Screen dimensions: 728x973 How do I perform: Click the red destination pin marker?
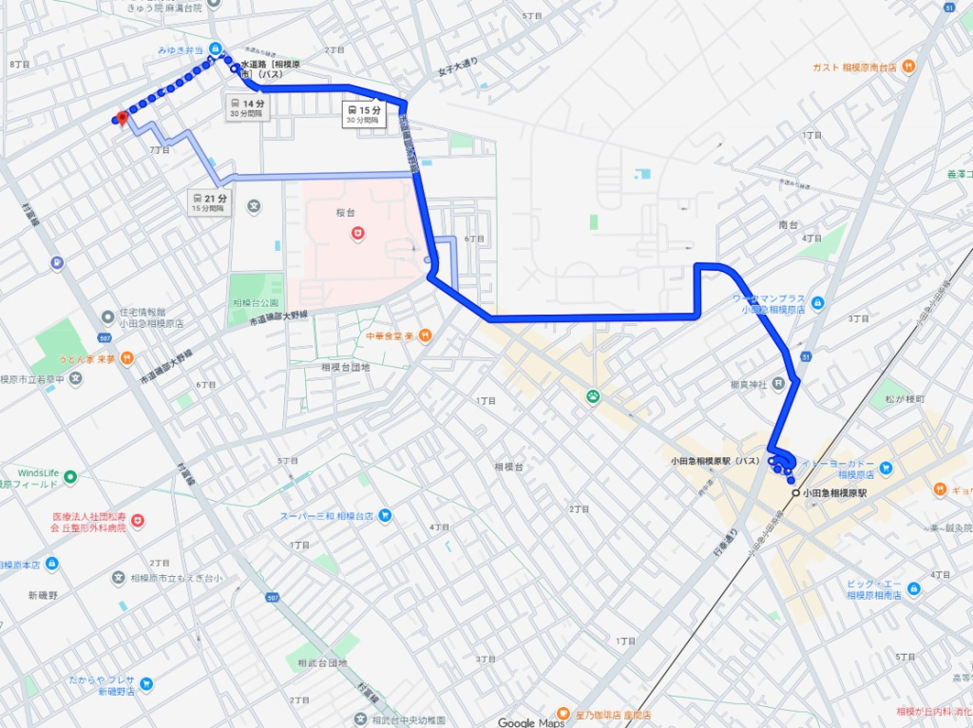pos(121,118)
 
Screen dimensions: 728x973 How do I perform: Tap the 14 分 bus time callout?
pos(246,106)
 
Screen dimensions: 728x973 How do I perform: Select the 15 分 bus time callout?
pos(363,114)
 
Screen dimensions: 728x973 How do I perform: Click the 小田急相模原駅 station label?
pos(834,493)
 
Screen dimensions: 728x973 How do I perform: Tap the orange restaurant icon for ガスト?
pos(909,67)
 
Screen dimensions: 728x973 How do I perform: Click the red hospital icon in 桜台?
pos(357,232)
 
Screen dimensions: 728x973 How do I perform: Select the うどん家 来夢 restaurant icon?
pos(127,357)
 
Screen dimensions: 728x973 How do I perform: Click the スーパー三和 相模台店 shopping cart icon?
pos(385,516)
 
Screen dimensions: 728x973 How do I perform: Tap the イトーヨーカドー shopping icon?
pos(886,467)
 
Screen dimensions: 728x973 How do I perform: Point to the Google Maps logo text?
pos(530,722)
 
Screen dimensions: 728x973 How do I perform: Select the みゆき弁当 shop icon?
pos(215,48)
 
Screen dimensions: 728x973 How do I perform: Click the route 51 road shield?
pos(949,8)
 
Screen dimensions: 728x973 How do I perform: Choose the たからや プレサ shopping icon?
pos(145,682)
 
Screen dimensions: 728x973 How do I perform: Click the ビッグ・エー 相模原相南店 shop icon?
pos(913,589)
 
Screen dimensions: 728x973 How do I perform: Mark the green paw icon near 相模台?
pos(593,395)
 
